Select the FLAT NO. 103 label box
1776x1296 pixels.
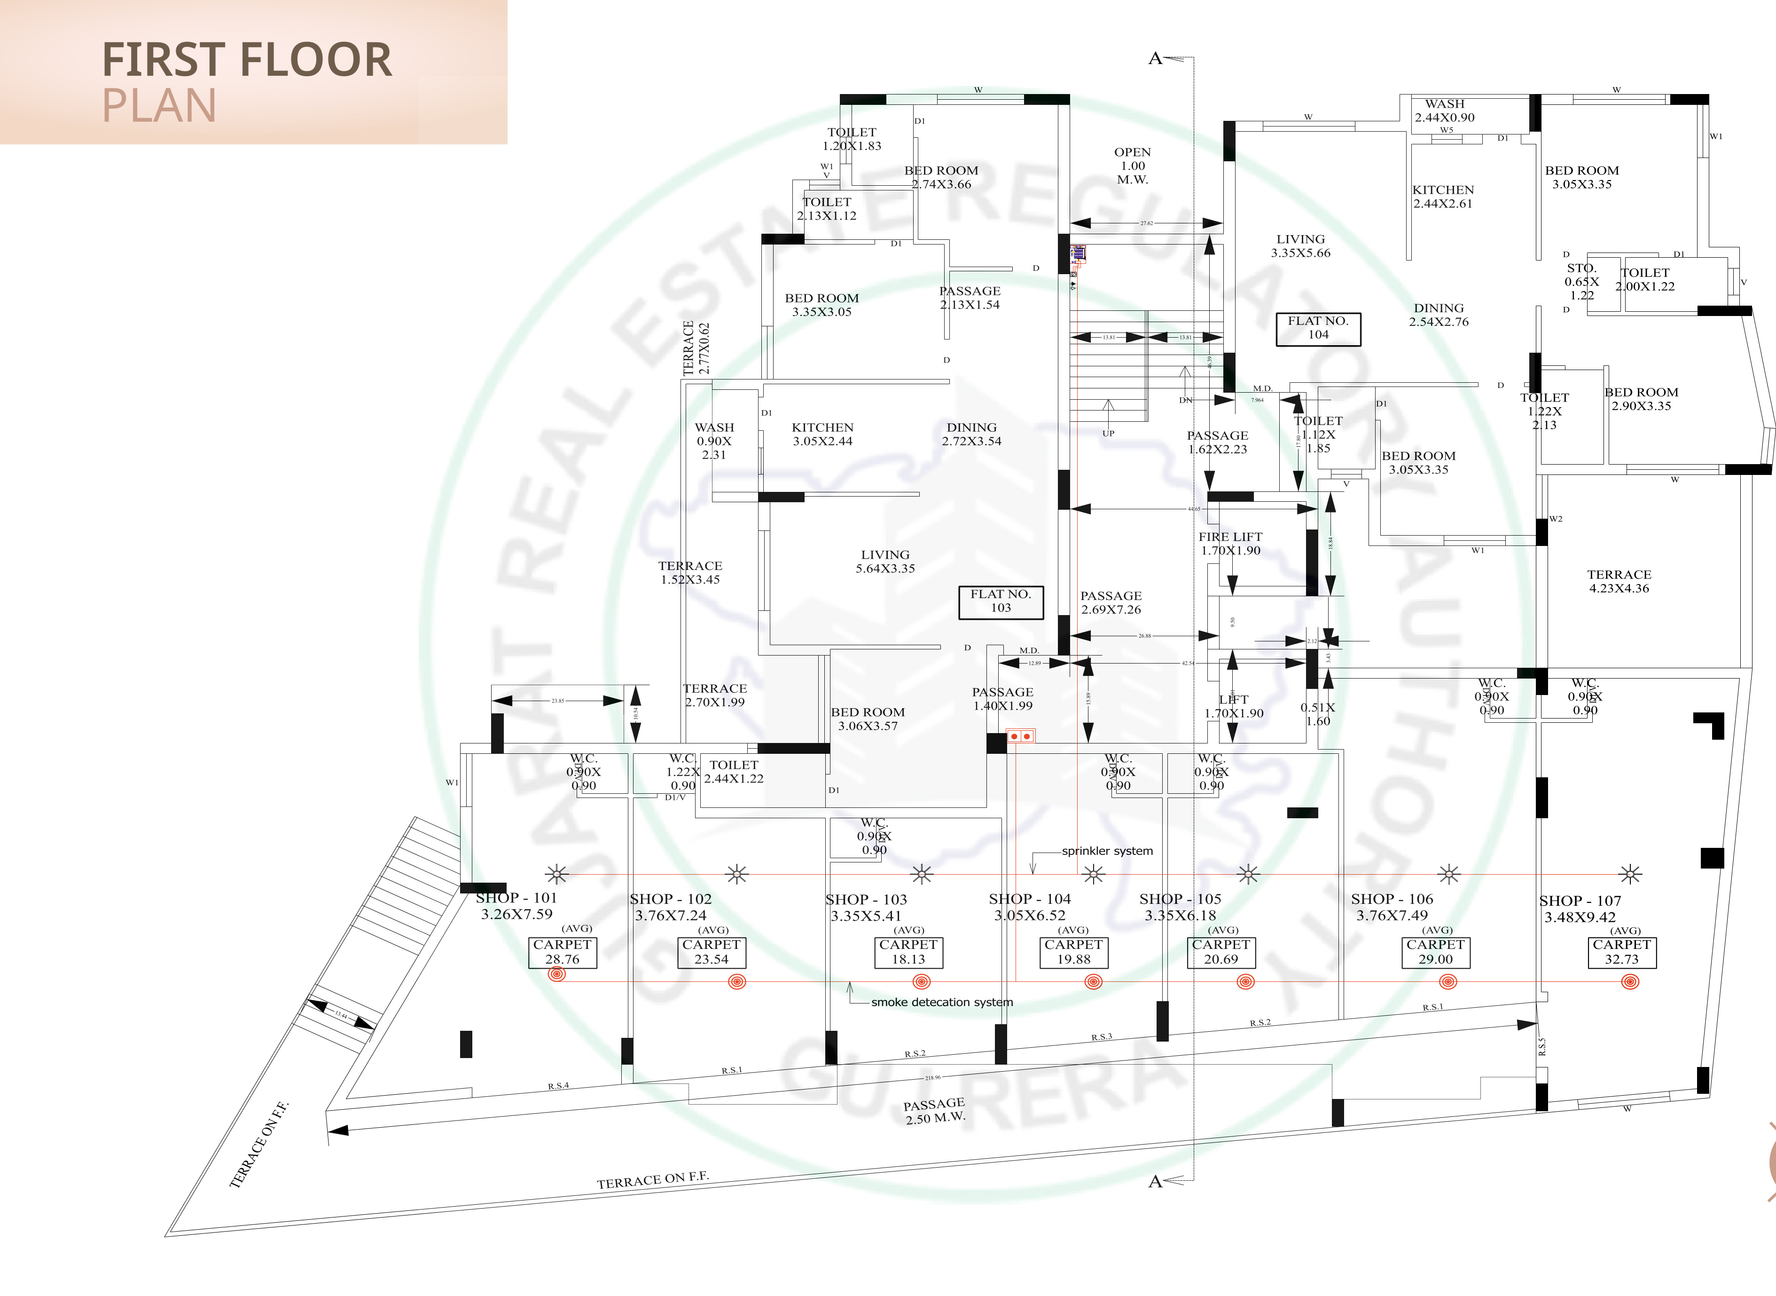coord(1001,602)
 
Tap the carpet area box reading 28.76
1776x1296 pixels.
coord(562,952)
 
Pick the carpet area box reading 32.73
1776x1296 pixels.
coord(1621,952)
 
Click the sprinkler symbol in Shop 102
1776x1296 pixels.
coord(737,874)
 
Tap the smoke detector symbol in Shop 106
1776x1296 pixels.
coord(1448,981)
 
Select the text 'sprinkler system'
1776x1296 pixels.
coord(1107,851)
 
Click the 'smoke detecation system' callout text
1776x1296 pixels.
coord(942,1003)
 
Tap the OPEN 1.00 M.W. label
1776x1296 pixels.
coord(1132,166)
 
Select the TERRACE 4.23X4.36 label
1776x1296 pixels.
coord(1619,581)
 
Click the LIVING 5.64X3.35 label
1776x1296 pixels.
coord(885,561)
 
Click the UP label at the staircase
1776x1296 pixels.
coord(1108,433)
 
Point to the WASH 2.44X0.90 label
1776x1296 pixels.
coord(1444,111)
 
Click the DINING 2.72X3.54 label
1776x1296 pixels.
coord(971,435)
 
